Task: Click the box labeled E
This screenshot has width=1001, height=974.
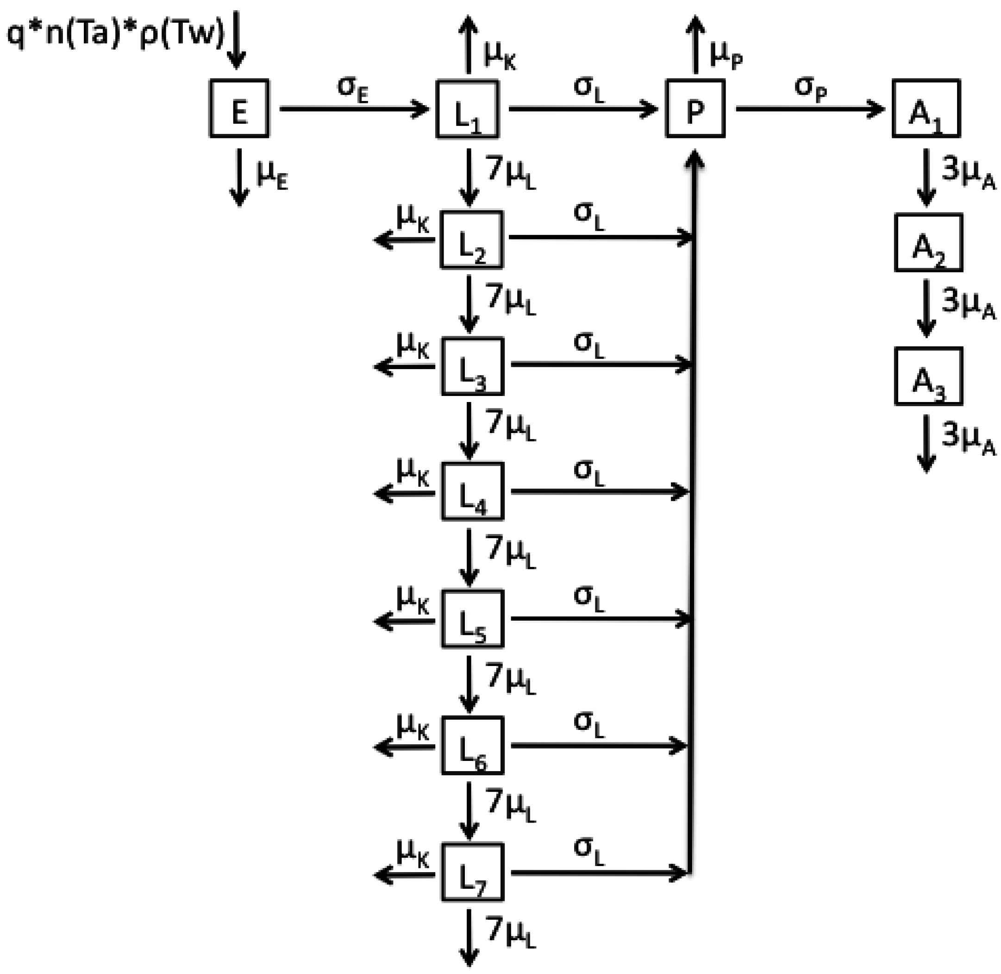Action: click(239, 108)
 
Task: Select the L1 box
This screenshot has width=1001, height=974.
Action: click(467, 109)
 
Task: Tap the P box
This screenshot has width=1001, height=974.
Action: click(695, 108)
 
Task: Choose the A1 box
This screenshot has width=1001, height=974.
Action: click(926, 108)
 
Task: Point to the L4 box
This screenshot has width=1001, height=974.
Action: click(472, 491)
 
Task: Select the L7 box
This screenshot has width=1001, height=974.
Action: click(472, 872)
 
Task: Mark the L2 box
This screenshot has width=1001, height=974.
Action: click(471, 239)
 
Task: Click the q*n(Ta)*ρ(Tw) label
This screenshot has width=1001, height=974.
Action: click(116, 35)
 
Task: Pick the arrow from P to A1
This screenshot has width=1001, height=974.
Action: click(810, 109)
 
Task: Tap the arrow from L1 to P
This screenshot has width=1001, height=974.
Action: click(582, 109)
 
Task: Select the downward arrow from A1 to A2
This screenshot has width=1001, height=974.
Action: click(926, 177)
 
